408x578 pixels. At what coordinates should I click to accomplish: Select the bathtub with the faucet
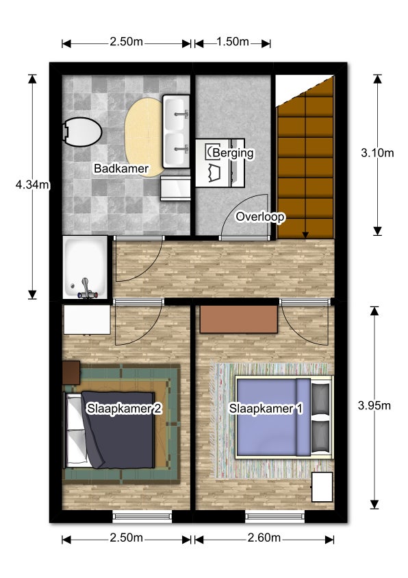click(x=86, y=267)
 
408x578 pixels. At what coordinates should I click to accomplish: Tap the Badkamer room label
click(x=121, y=169)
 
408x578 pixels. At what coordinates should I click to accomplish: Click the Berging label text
click(x=233, y=153)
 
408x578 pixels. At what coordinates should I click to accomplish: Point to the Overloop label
click(x=260, y=217)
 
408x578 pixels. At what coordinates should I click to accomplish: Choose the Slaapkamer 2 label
click(x=124, y=409)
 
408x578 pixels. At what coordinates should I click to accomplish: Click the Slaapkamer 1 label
click(x=266, y=409)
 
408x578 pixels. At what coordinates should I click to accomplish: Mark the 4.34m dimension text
click(x=32, y=184)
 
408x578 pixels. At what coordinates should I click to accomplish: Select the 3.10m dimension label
click(x=377, y=153)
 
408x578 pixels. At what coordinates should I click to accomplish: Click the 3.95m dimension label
click(x=374, y=405)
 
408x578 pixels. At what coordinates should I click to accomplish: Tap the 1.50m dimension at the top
click(x=233, y=42)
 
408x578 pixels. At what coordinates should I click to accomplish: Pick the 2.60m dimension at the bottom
click(x=264, y=538)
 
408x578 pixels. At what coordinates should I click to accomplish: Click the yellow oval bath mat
click(x=144, y=137)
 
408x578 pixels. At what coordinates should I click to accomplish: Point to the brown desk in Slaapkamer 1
click(x=239, y=319)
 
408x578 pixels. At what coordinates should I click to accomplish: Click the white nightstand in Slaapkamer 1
click(x=322, y=487)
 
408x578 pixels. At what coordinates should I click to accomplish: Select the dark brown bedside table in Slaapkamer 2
click(x=71, y=373)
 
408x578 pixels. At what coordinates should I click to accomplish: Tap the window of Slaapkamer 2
click(x=142, y=516)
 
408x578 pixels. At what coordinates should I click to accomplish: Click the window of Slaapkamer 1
click(x=275, y=516)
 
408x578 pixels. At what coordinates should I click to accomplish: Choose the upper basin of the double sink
click(x=175, y=114)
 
